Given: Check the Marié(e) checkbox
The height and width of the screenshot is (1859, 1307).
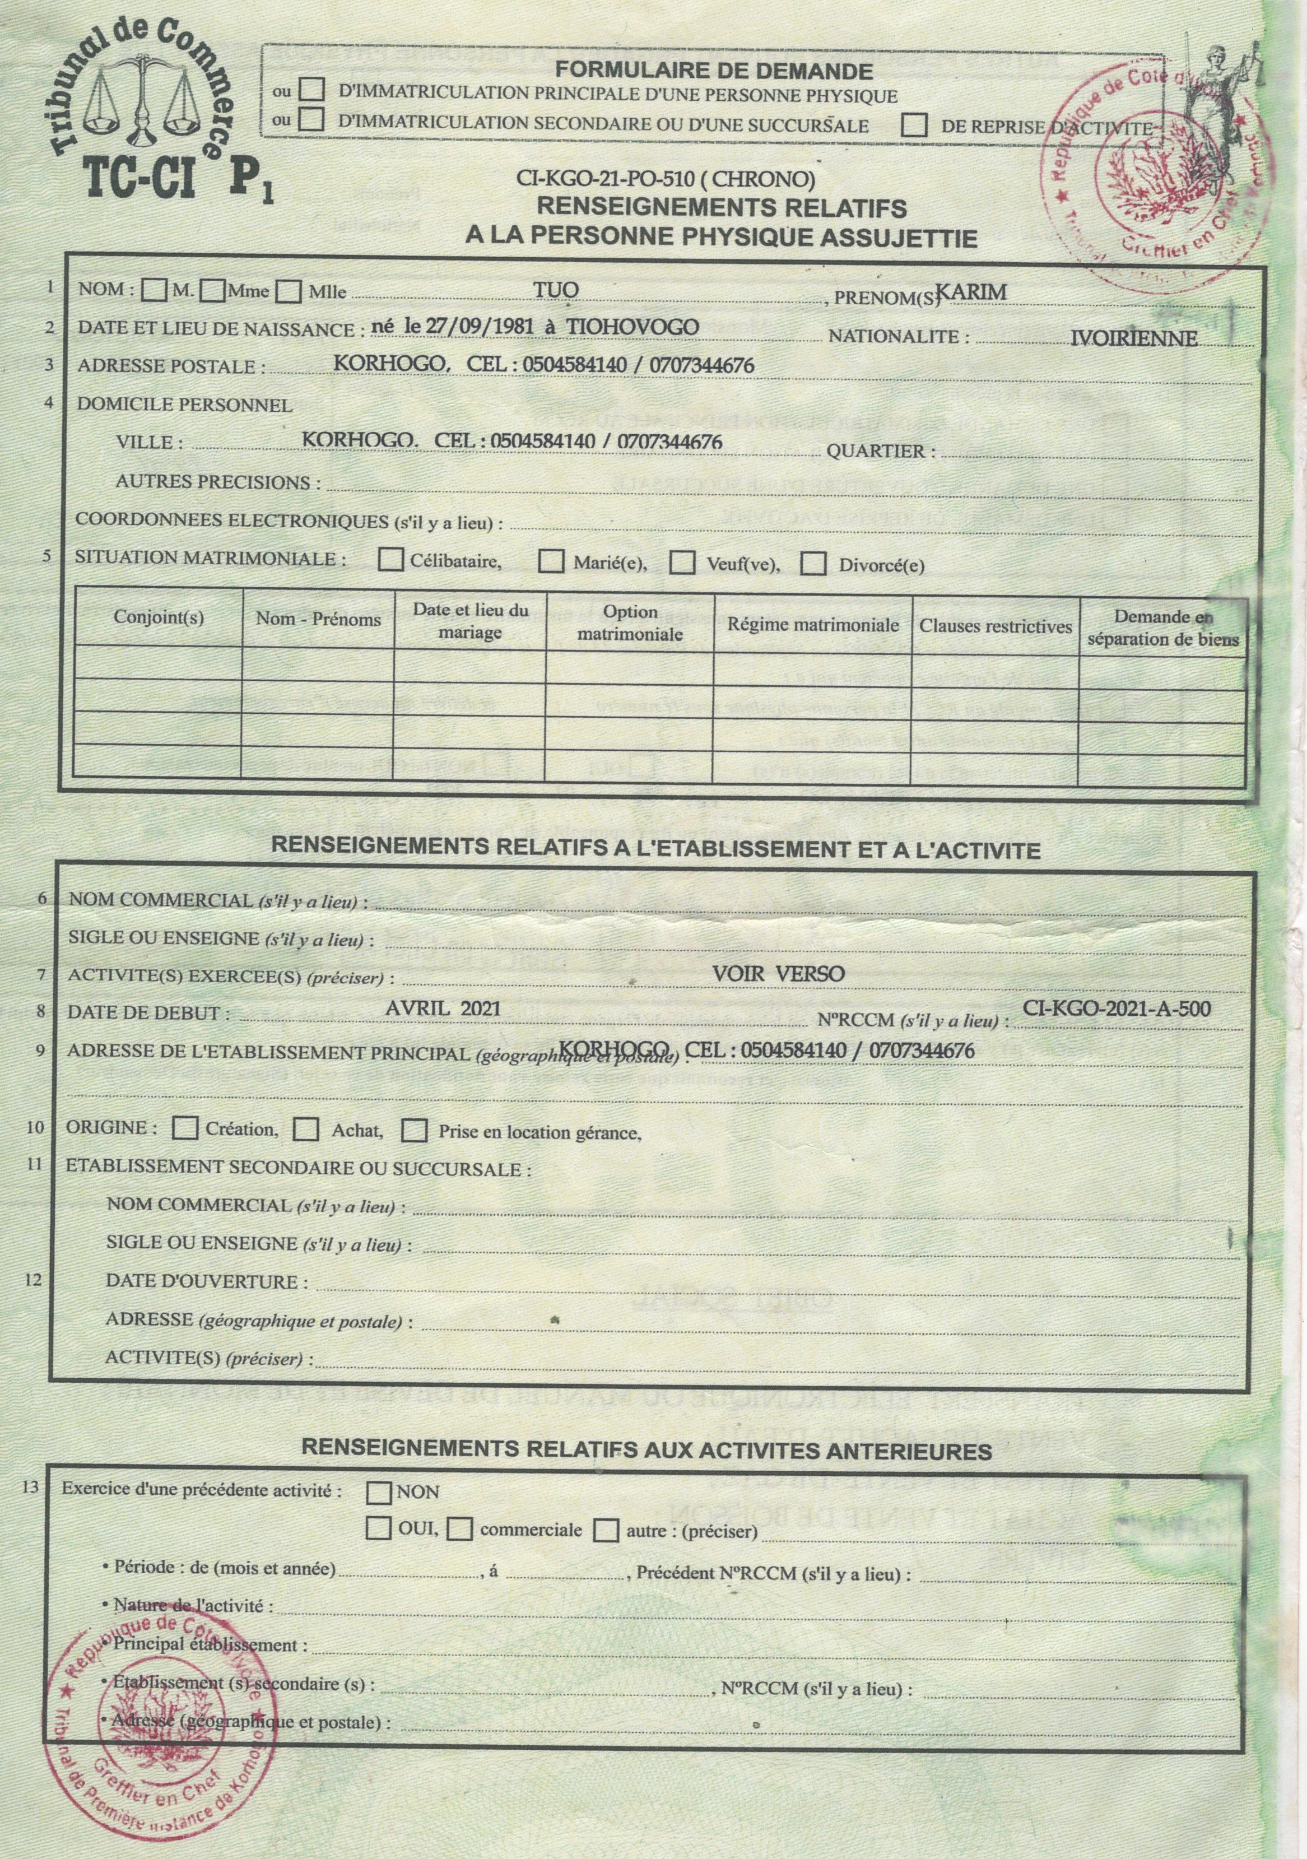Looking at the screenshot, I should tap(553, 560).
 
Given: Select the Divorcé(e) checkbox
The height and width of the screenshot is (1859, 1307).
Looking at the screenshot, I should tap(813, 564).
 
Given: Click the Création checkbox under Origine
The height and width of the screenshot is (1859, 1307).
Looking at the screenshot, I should tap(186, 1128).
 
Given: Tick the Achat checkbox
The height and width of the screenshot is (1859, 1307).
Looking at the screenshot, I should tap(306, 1130).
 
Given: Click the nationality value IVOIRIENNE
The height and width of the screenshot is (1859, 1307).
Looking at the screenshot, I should tap(1134, 338).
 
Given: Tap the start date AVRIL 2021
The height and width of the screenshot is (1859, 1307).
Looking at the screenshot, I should tap(438, 1009).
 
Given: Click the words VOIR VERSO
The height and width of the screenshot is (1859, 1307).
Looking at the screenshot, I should tap(778, 973).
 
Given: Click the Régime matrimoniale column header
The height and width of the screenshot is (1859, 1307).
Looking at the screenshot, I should tap(813, 625).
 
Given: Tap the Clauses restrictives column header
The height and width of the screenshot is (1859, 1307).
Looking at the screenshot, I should tap(995, 627).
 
